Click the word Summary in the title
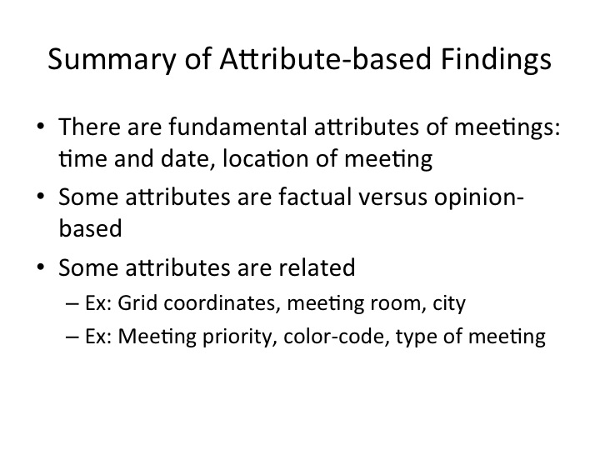112,59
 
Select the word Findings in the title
496,59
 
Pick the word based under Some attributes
90,228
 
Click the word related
317,267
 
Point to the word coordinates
220,303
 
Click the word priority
240,337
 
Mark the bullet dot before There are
41,127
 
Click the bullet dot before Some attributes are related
41,267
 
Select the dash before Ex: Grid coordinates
72,304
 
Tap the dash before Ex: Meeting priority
72,337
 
